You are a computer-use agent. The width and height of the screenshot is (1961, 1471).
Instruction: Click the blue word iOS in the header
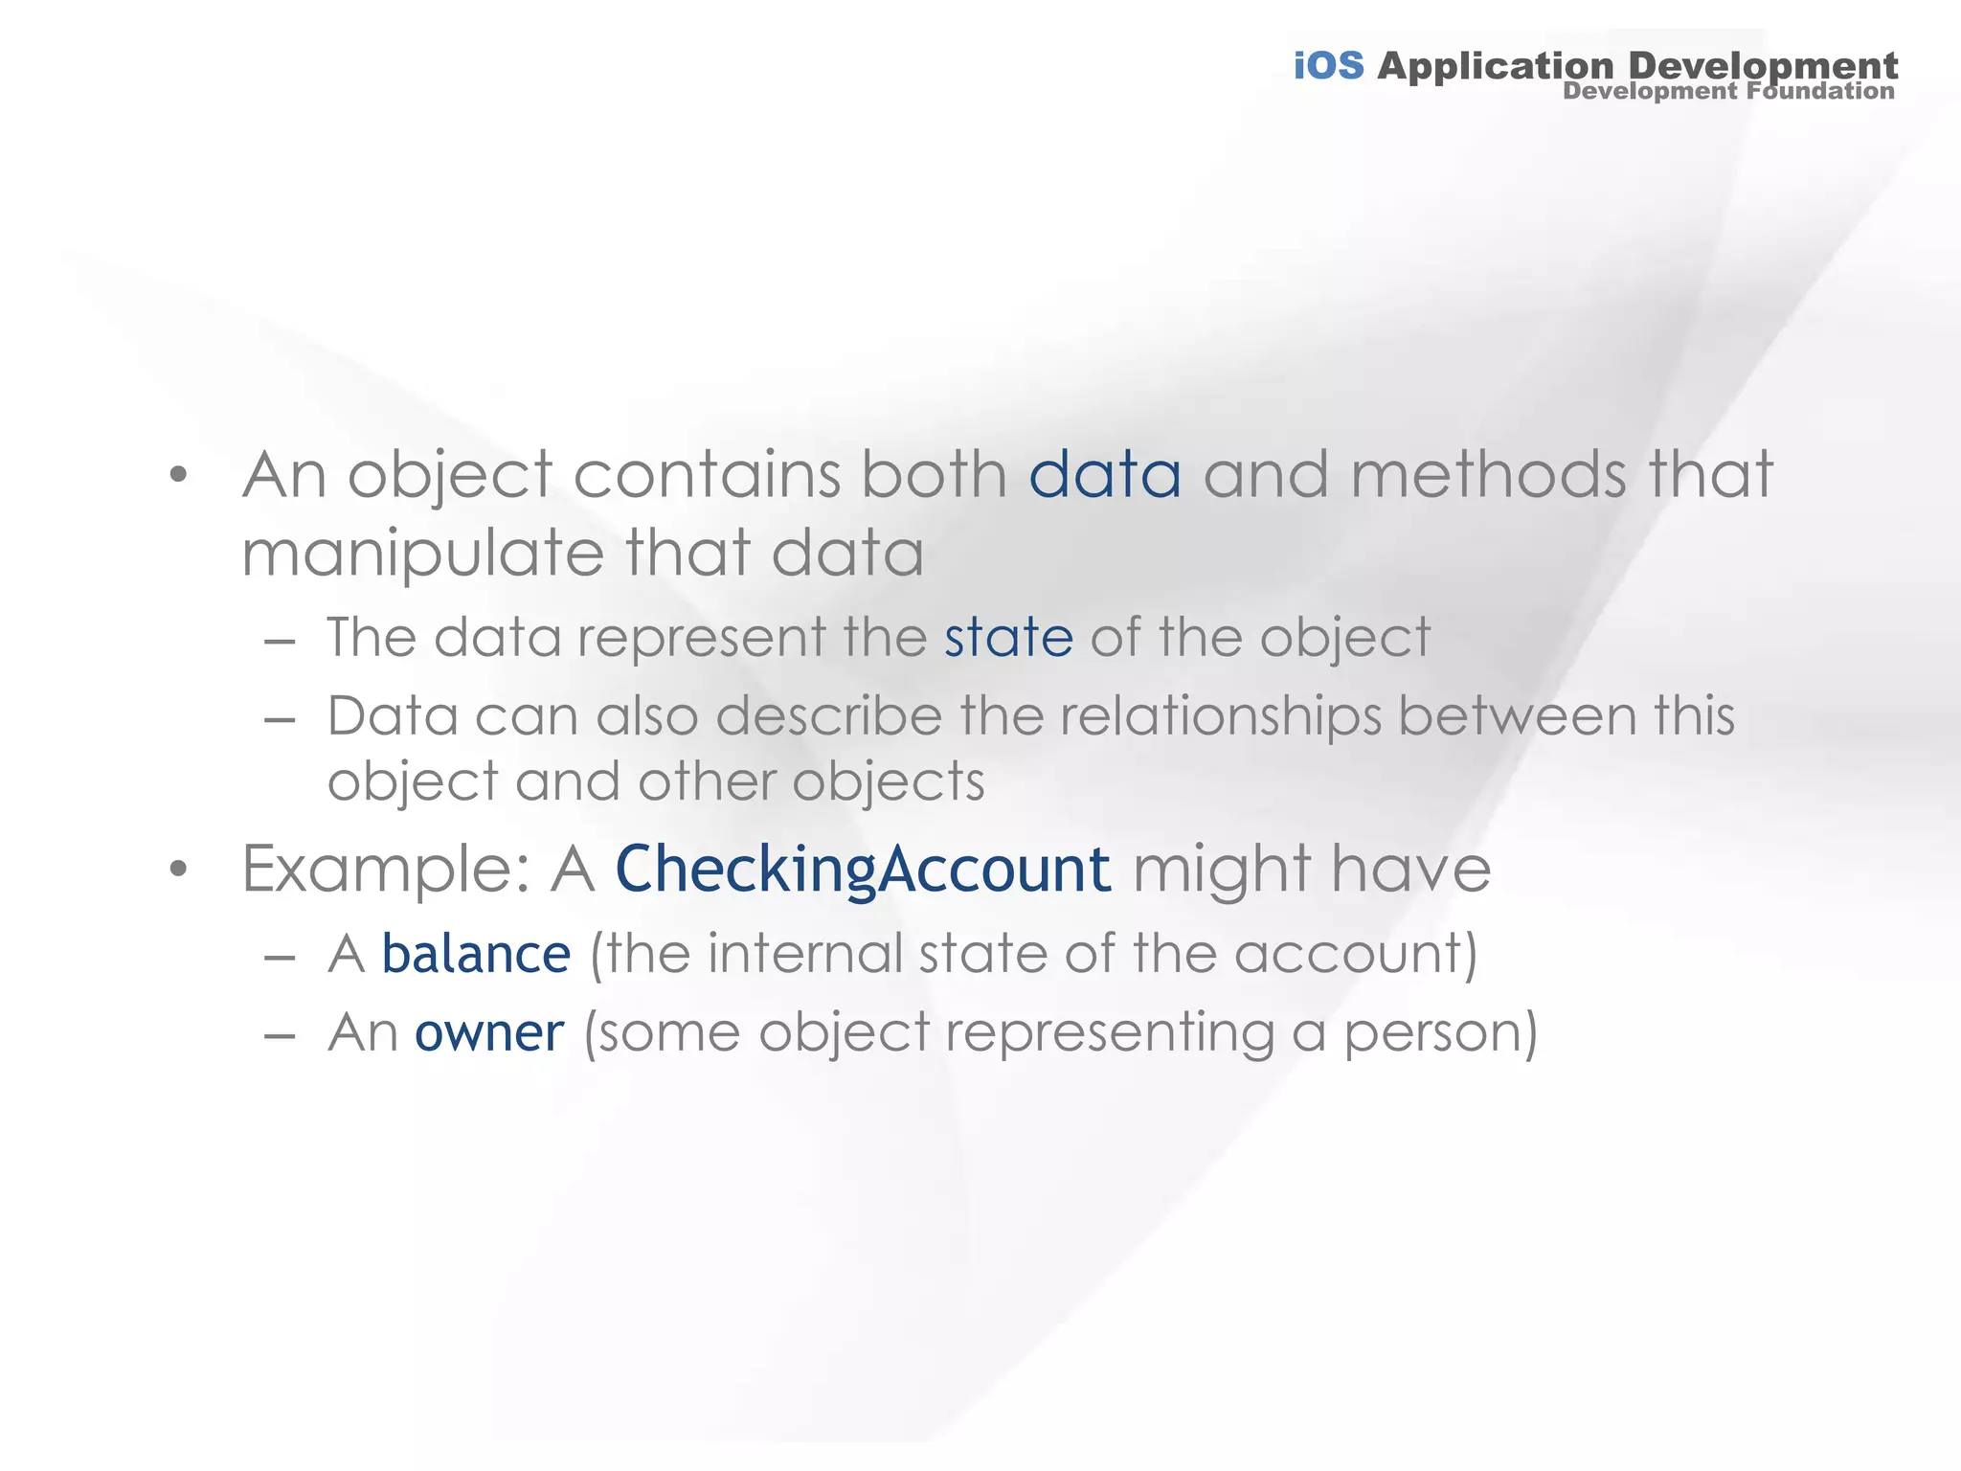tap(1328, 66)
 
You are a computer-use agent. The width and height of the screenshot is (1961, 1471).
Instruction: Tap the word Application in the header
tap(1495, 66)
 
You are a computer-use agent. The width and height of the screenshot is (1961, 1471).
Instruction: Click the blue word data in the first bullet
tap(1105, 475)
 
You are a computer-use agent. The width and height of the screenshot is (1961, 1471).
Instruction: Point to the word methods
tap(1487, 475)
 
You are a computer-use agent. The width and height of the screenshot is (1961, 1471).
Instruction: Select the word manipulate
tap(422, 554)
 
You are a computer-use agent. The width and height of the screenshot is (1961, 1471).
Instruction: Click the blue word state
tap(1008, 638)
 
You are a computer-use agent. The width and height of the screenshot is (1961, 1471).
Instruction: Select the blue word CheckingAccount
tap(863, 871)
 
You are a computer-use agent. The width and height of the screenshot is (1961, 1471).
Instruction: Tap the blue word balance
tap(476, 954)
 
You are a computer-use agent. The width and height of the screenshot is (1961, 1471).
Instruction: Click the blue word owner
tap(489, 1032)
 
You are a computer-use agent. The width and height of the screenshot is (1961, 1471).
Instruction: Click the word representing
tap(1111, 1034)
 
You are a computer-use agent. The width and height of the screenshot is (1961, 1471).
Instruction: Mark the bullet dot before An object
tap(177, 475)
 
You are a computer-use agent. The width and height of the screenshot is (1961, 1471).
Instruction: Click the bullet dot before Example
tap(177, 870)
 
